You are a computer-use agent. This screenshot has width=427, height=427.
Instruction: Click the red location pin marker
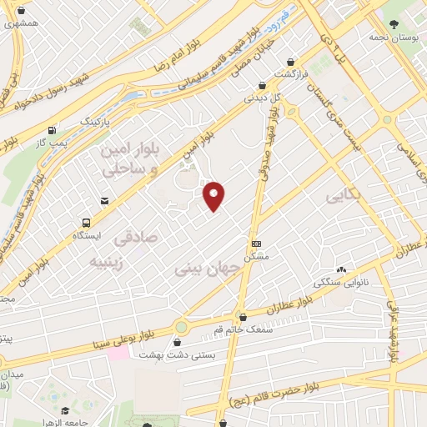(x=215, y=195)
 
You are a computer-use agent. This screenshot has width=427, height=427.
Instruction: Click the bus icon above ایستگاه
(x=87, y=223)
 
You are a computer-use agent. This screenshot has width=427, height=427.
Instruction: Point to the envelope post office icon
(x=104, y=200)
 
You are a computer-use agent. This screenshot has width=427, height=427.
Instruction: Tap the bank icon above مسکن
(x=256, y=244)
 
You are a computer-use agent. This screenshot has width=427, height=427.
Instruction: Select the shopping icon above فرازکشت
(x=290, y=62)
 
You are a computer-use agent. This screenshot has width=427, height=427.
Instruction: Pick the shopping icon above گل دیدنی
(x=262, y=84)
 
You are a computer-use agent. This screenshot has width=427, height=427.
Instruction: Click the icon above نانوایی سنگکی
(x=340, y=269)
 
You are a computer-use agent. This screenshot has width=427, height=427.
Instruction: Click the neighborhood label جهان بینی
(x=208, y=269)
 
